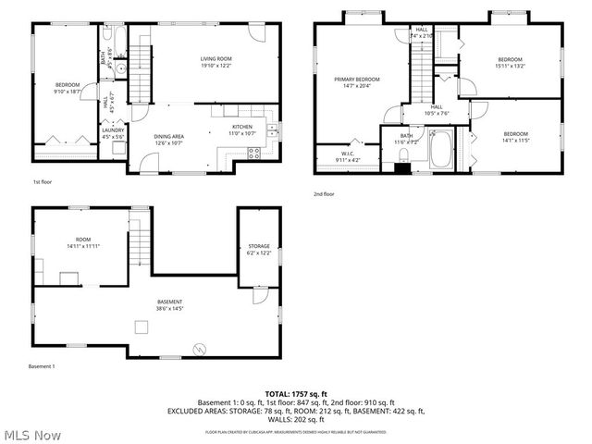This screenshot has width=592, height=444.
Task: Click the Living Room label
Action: (216, 60)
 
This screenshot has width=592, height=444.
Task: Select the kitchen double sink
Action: (272, 130)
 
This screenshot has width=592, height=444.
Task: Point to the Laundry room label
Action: (113, 130)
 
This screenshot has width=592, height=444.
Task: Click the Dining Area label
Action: (169, 137)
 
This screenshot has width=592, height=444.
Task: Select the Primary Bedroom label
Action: (357, 80)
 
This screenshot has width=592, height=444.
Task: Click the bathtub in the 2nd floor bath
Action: (442, 149)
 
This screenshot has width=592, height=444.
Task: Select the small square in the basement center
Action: (141, 325)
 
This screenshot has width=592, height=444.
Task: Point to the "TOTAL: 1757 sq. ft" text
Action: (295, 394)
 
